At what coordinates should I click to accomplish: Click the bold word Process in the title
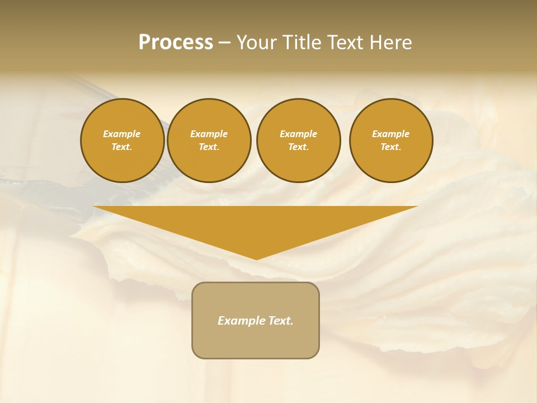(x=176, y=43)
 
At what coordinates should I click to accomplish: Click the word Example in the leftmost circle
(x=122, y=134)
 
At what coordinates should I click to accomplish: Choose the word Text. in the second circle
(x=209, y=147)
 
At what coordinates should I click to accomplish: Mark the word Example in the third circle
(x=298, y=134)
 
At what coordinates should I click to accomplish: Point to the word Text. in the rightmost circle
(x=391, y=147)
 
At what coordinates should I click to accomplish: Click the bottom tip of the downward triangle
(x=256, y=258)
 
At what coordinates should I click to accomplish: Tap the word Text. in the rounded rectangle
(x=281, y=321)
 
